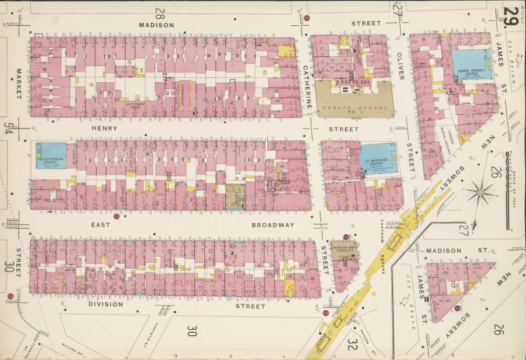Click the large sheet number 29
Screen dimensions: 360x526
pyautogui.click(x=511, y=15)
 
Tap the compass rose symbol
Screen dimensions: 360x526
pyautogui.click(x=482, y=189)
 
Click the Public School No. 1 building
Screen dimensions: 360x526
pyautogui.click(x=353, y=100)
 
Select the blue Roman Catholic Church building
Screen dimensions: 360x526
pyautogui.click(x=471, y=65)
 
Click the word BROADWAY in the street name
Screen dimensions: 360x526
pyautogui.click(x=273, y=225)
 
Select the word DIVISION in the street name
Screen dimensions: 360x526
pyautogui.click(x=106, y=305)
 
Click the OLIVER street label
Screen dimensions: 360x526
pyautogui.click(x=400, y=65)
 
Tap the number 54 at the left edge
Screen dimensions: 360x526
pyautogui.click(x=8, y=128)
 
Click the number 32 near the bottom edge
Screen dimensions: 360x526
pyautogui.click(x=353, y=344)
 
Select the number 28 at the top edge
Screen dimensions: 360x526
pyautogui.click(x=160, y=12)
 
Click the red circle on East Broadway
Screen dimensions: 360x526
pyautogui.click(x=116, y=217)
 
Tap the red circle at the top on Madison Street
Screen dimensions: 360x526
pyautogui.click(x=306, y=18)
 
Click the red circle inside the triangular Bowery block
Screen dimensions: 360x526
pyautogui.click(x=457, y=308)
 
